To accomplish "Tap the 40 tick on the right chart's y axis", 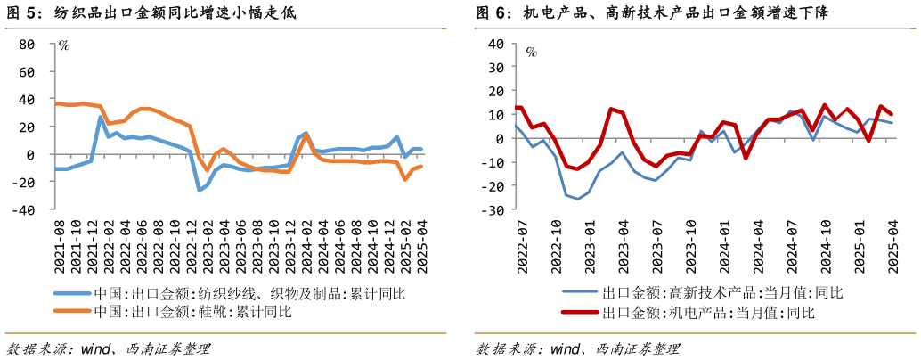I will tap(496, 44).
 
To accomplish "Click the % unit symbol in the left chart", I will tap(64, 46).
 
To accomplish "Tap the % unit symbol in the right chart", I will tap(531, 52).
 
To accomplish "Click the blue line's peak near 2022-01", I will tap(101, 117).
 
